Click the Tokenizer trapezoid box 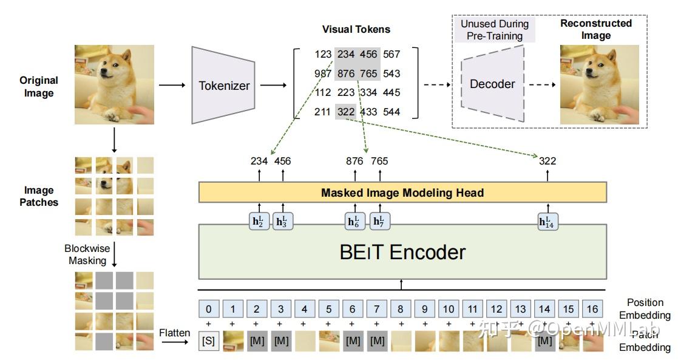coord(224,85)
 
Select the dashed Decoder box coord(492,84)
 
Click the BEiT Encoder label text coord(402,251)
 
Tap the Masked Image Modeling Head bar coord(402,192)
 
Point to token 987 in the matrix coord(322,73)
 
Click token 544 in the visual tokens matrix coord(392,112)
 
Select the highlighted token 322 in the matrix coord(346,112)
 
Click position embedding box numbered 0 coord(208,309)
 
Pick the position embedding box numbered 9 coord(424,309)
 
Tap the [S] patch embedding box coord(208,341)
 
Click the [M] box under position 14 coord(544,341)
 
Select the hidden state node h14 coord(548,222)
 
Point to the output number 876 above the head coord(354,161)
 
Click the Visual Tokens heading coord(356,29)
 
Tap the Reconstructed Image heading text coord(595,29)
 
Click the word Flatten coord(175,333)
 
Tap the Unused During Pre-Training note coord(494,30)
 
